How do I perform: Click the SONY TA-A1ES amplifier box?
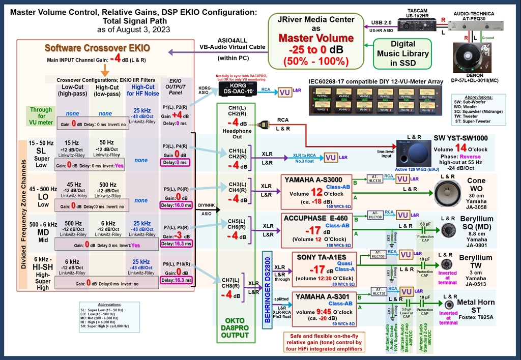(x=323, y=269)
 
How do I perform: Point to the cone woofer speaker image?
(x=448, y=193)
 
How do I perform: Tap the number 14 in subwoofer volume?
(x=461, y=147)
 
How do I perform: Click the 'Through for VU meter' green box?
(x=41, y=116)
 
